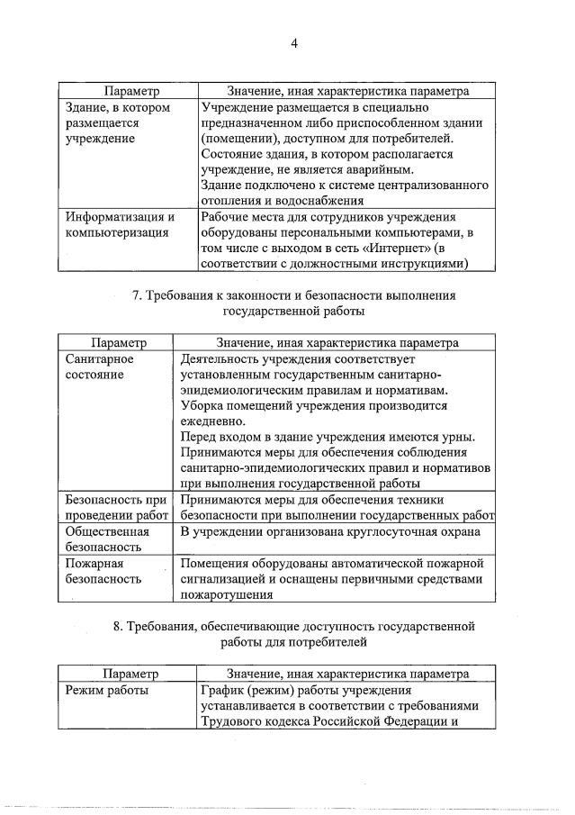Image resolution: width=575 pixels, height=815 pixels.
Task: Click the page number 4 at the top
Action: [293, 41]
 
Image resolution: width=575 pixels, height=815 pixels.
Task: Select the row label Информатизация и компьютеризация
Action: [120, 224]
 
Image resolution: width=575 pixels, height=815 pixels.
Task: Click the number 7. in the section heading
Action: [138, 295]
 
